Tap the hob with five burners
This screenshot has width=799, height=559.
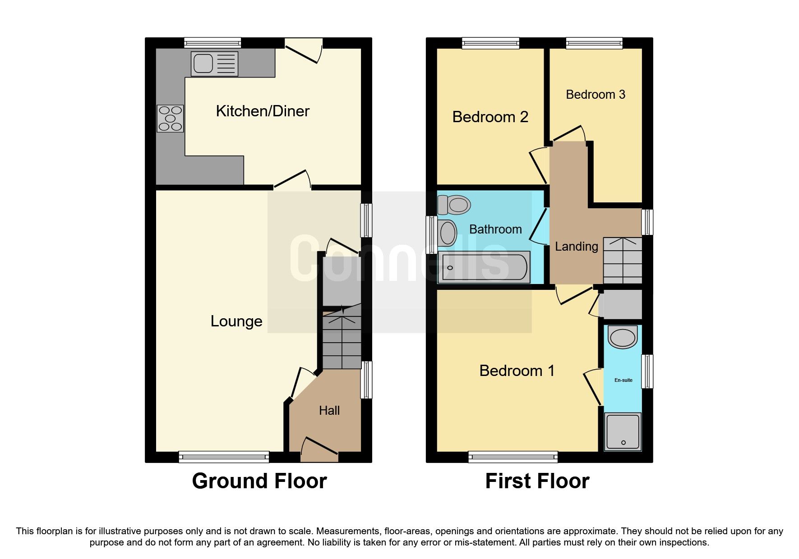[x=170, y=118]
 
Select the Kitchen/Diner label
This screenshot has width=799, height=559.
[x=263, y=111]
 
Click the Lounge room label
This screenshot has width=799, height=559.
[x=236, y=321]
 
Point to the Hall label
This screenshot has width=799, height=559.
[x=329, y=411]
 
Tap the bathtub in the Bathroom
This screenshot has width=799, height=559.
[x=484, y=267]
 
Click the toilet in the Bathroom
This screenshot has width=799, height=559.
[x=454, y=205]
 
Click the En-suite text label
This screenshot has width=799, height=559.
[x=623, y=380]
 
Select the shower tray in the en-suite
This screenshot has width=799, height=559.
[x=623, y=432]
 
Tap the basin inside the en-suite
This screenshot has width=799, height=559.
[x=623, y=337]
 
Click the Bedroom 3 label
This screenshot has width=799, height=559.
[x=595, y=95]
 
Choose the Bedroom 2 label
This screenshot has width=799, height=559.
[x=490, y=117]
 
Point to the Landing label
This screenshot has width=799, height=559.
[x=576, y=247]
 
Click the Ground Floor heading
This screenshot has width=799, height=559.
[x=259, y=481]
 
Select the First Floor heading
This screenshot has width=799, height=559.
[x=537, y=481]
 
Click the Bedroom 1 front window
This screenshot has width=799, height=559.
[x=513, y=457]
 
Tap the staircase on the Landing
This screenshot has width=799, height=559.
[x=623, y=261]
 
